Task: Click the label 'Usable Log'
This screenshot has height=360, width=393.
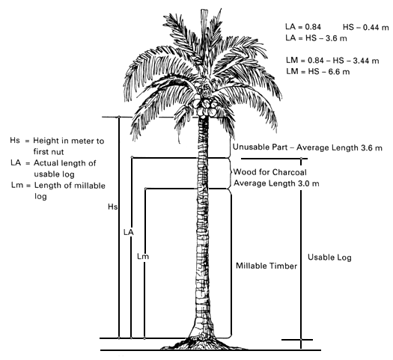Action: (329, 257)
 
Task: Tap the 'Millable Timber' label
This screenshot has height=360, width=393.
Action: (266, 266)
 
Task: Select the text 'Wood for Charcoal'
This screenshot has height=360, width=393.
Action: (270, 172)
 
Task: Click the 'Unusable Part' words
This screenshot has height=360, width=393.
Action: (260, 147)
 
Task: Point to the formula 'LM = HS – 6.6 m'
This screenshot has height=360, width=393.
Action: (318, 72)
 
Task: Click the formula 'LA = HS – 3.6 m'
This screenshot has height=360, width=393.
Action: (316, 38)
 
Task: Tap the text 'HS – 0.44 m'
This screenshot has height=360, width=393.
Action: (366, 27)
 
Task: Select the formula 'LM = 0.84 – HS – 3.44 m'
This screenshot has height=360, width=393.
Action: (332, 61)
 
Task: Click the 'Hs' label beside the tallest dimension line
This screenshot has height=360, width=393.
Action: (112, 207)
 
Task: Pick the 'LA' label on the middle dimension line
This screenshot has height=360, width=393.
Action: (129, 233)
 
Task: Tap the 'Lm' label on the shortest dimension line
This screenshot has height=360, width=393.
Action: (143, 256)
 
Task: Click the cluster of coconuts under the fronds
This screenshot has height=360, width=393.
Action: (205, 106)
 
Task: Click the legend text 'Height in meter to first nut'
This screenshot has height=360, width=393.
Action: (69, 146)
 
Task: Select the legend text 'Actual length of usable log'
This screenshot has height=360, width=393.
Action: (65, 168)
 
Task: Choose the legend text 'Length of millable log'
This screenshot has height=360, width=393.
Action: (70, 191)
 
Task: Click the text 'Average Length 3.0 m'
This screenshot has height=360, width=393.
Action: (276, 183)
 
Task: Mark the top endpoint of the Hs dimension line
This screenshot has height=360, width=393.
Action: (119, 117)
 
